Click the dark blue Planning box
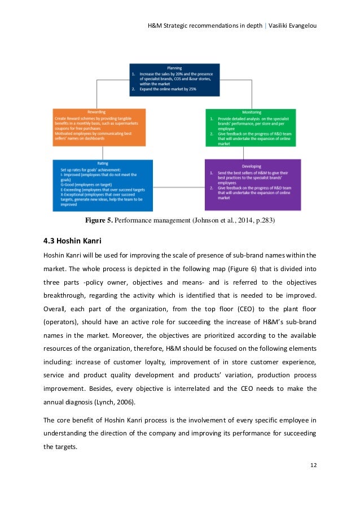[x=174, y=80]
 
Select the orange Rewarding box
[x=99, y=127]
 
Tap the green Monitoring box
[x=251, y=128]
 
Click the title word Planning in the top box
[x=174, y=67]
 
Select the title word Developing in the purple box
[x=251, y=165]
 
